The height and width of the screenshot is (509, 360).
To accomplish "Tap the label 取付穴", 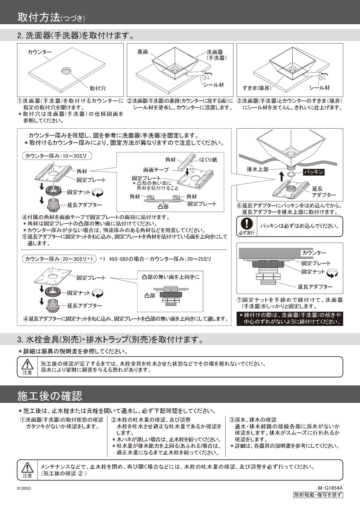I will (98, 88).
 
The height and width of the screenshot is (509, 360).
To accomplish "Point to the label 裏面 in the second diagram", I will (143, 52).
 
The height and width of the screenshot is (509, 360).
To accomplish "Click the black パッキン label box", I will (314, 172).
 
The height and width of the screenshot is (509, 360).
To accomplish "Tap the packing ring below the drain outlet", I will (291, 174).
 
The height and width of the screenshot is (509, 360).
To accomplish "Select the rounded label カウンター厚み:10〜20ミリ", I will (57, 156).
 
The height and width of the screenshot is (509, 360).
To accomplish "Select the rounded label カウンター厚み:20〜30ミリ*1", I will (59, 259).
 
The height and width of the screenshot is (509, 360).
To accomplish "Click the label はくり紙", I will (208, 160).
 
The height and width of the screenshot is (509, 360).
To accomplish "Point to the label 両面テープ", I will (156, 170).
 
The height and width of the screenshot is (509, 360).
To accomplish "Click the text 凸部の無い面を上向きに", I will (171, 277).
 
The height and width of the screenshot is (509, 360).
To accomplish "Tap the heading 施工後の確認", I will (50, 396).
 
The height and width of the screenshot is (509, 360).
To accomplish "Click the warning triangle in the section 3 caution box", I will (27, 364).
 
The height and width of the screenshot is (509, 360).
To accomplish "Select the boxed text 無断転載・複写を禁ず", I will (318, 495).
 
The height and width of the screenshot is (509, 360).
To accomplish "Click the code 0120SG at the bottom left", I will (24, 489).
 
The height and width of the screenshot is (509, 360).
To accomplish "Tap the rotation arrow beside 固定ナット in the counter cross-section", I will (332, 273).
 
